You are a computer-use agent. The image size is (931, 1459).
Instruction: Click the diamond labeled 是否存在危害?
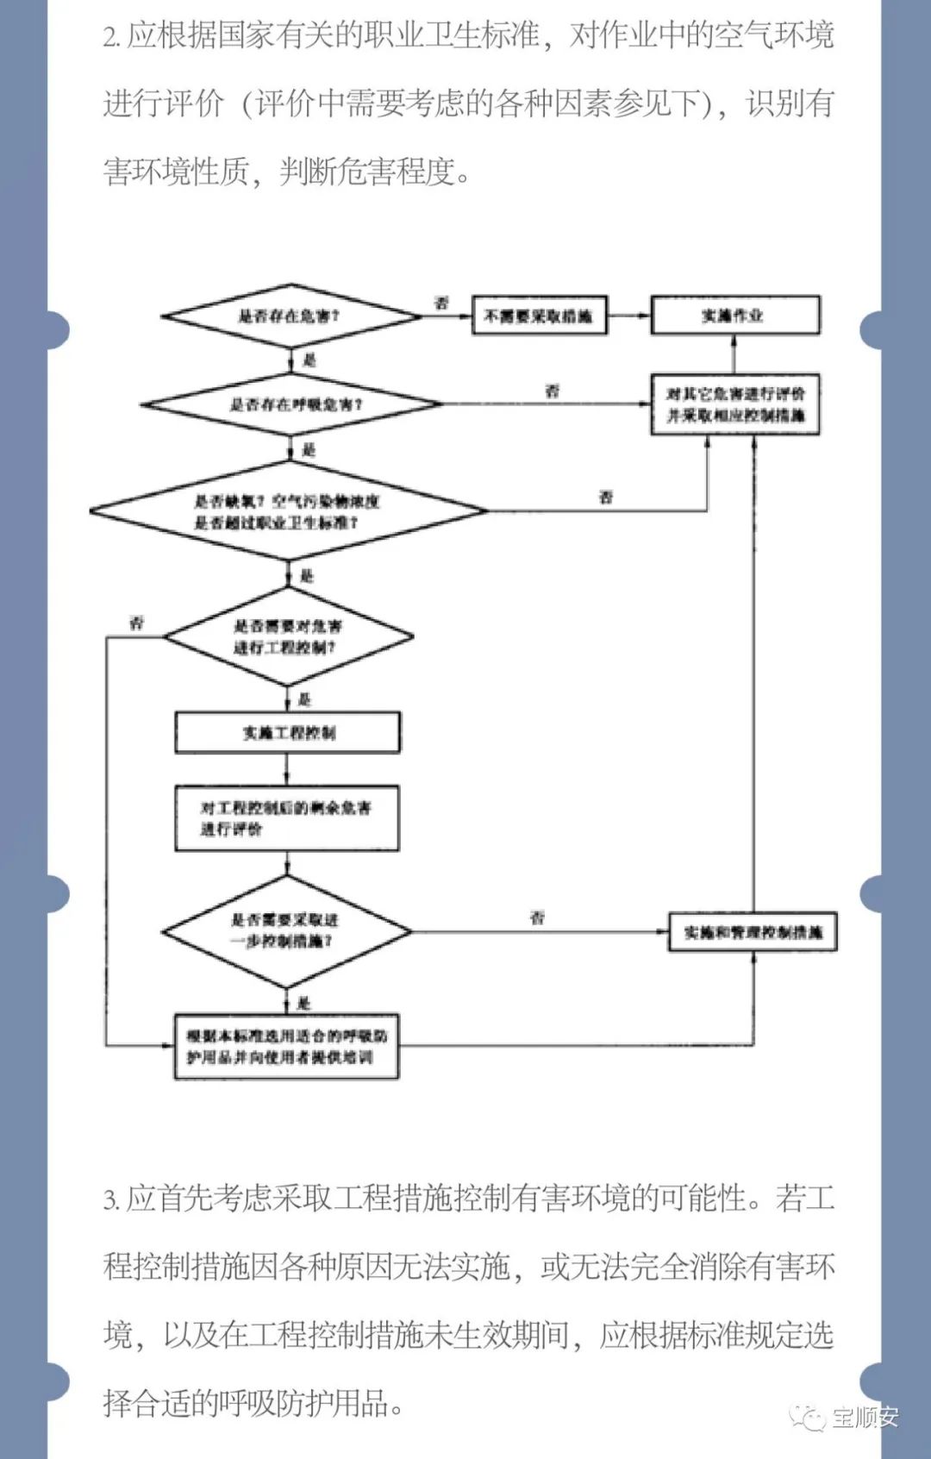tap(290, 316)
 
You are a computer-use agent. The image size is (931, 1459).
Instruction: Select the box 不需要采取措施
tap(539, 316)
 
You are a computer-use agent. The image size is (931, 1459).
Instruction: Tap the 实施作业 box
tap(734, 316)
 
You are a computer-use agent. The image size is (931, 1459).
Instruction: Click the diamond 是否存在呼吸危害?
tap(292, 404)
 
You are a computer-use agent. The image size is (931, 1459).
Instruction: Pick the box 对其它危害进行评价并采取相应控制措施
tap(734, 404)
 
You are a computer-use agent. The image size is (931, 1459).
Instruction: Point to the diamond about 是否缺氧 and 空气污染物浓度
tap(288, 511)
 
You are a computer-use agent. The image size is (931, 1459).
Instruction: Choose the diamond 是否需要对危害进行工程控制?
tap(288, 637)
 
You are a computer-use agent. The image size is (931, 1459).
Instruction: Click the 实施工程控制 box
tap(288, 733)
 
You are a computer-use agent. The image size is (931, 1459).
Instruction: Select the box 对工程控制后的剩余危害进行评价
tap(287, 818)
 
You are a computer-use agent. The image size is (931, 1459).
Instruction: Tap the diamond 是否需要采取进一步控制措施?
tap(286, 931)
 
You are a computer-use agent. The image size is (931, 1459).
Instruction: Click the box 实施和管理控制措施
tap(753, 932)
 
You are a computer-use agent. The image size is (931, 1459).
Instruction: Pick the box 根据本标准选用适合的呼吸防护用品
tap(287, 1046)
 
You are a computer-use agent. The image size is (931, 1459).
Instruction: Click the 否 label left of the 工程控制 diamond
tap(137, 623)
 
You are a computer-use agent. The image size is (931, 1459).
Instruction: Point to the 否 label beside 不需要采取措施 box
tap(441, 303)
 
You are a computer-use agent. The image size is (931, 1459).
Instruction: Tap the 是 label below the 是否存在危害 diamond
tap(309, 360)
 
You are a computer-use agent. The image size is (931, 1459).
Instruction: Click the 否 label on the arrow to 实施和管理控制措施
tap(538, 917)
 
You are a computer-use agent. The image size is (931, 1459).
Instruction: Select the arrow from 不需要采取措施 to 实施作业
tap(628, 316)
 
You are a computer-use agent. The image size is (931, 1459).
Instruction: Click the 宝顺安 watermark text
tap(865, 1417)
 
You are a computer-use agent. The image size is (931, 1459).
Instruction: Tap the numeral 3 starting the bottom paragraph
tap(110, 1199)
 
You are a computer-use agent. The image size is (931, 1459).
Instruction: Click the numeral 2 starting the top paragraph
tap(110, 37)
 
